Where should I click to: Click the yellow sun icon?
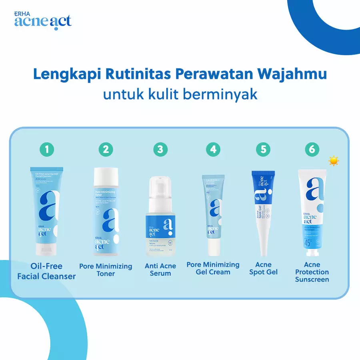(x=334, y=161)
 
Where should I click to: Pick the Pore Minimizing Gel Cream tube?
(x=212, y=214)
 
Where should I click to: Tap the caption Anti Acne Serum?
(x=160, y=270)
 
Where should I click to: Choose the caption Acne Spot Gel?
(x=263, y=268)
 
